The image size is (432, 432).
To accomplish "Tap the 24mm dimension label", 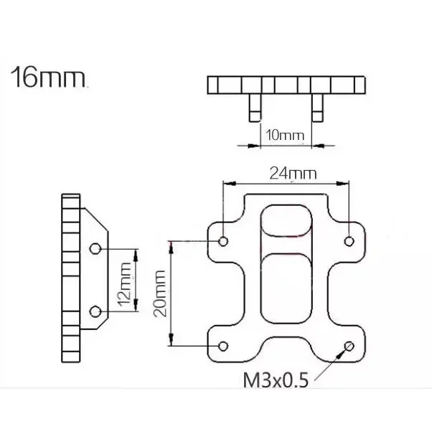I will coord(293,172).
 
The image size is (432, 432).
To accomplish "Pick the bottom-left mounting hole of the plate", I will coord(223,347).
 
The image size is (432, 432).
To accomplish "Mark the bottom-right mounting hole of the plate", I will coord(349,347).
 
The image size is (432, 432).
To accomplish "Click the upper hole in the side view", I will coord(95,249).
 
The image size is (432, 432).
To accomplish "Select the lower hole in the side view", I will coord(95,311).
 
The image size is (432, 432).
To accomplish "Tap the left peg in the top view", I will coord(254,110).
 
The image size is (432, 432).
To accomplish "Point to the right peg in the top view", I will coord(317,110).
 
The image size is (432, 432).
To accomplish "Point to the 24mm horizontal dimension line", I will coord(286,184).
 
